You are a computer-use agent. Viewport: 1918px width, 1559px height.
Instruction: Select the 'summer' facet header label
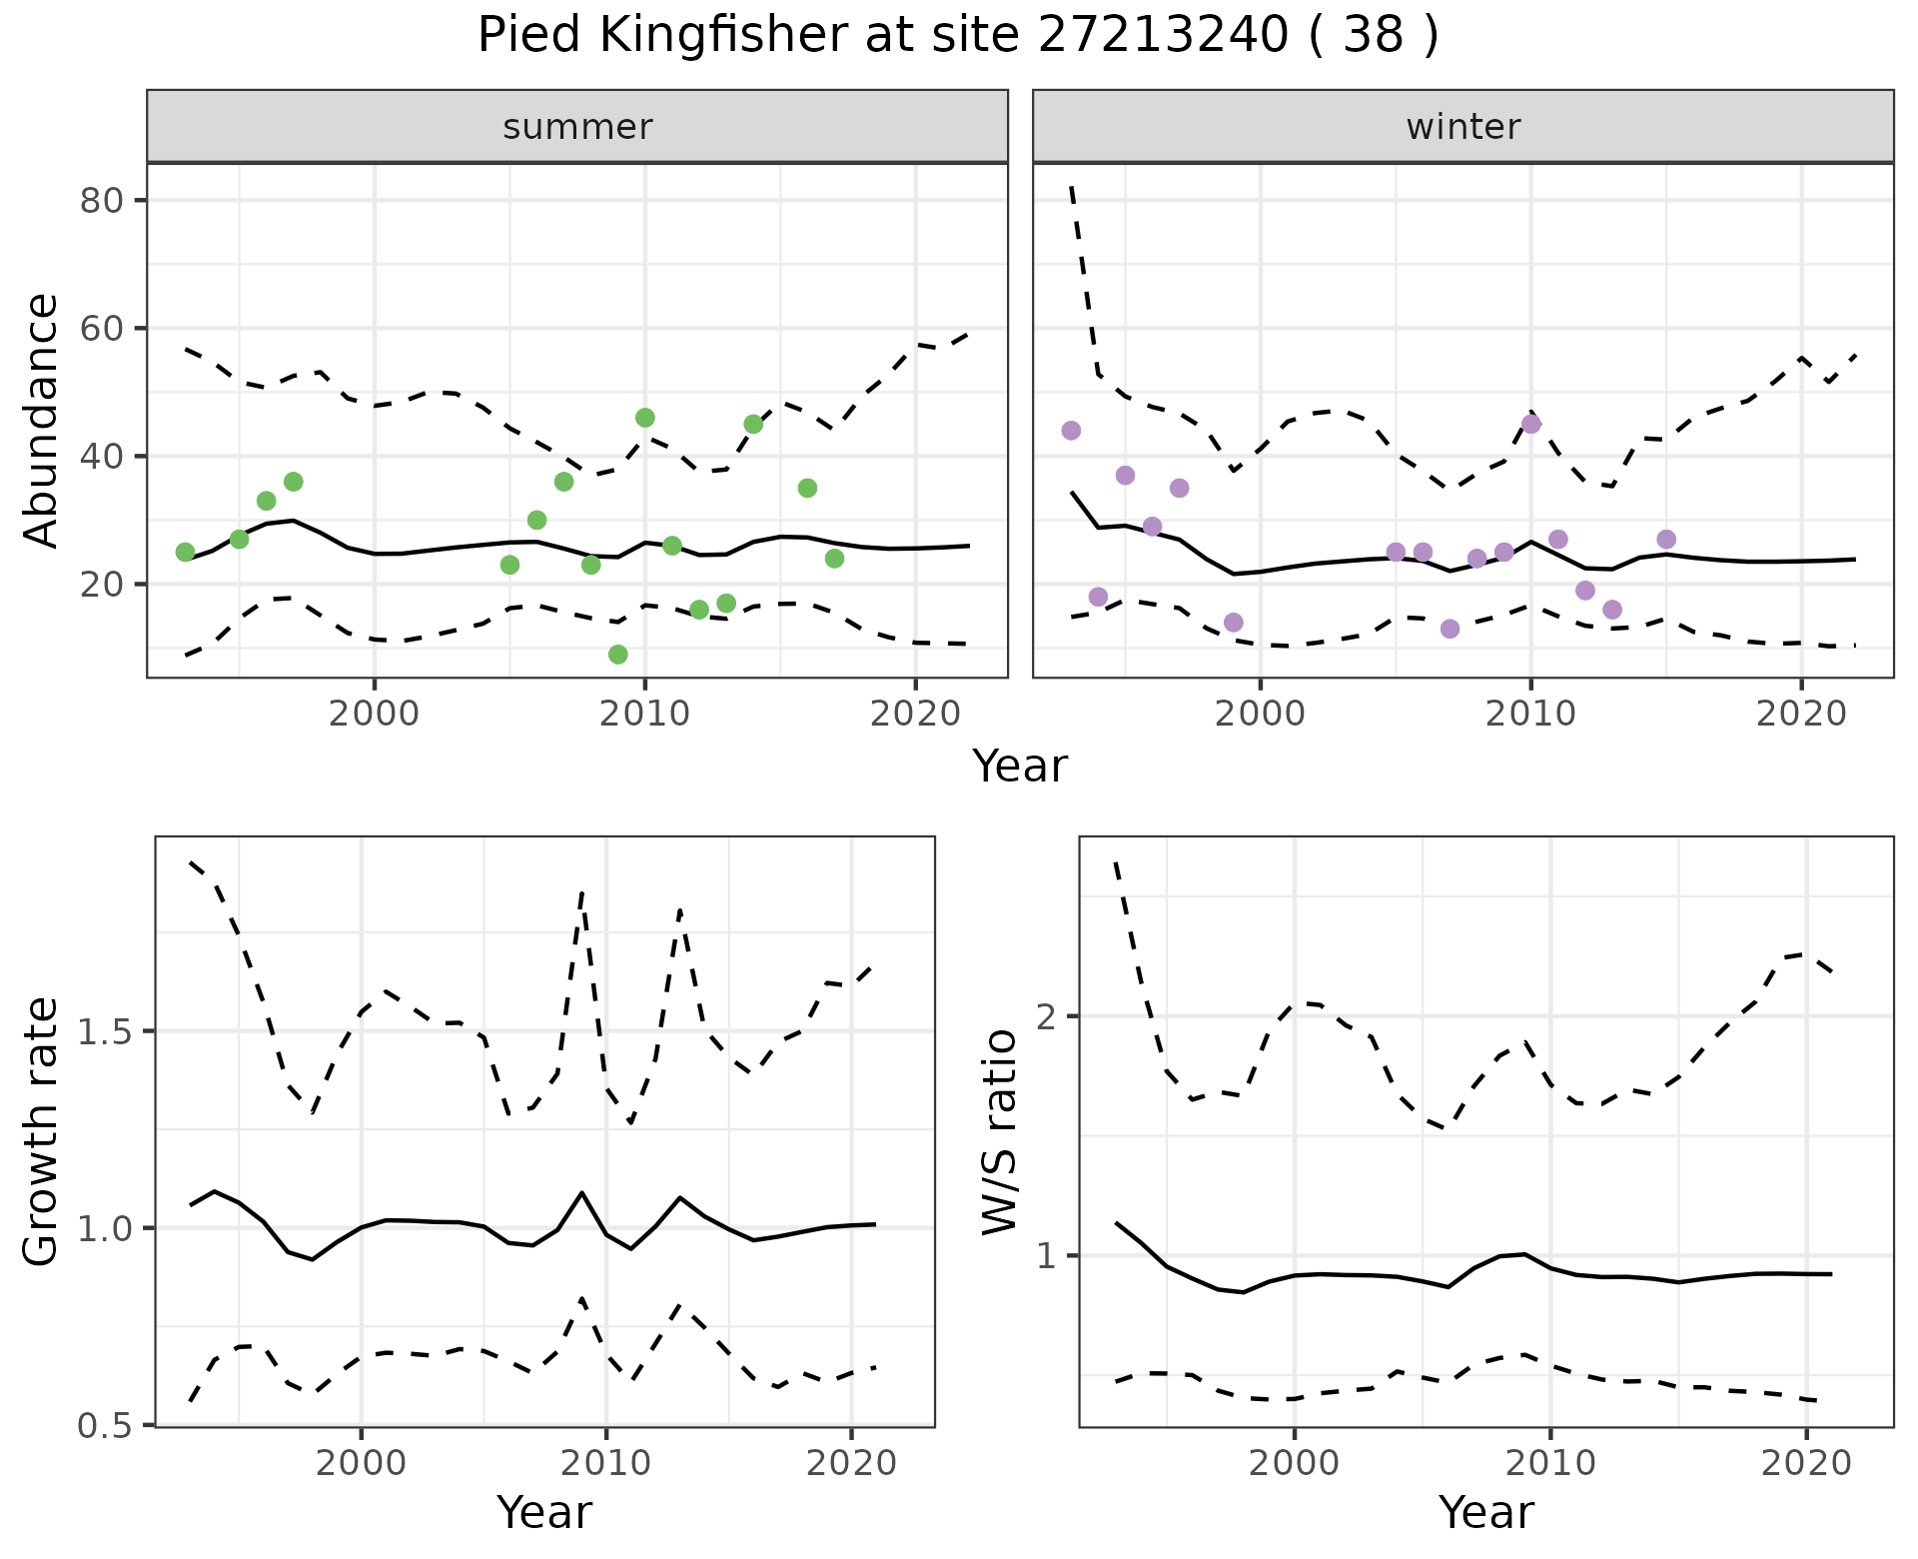pyautogui.click(x=577, y=127)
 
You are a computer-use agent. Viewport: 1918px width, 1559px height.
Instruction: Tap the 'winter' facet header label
pyautogui.click(x=1462, y=127)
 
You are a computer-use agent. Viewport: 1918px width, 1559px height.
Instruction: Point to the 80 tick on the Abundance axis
pyautogui.click(x=101, y=201)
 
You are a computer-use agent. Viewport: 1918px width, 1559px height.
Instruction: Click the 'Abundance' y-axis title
pyautogui.click(x=41, y=421)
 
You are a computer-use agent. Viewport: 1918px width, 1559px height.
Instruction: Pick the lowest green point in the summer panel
pyautogui.click(x=618, y=655)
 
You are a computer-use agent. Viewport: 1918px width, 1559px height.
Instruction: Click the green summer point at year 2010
pyautogui.click(x=645, y=418)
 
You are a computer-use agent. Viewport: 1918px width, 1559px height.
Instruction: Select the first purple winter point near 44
pyautogui.click(x=1071, y=431)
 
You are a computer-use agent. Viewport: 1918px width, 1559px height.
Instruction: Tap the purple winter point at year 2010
pyautogui.click(x=1530, y=425)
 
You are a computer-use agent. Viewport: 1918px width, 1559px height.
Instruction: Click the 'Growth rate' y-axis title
pyautogui.click(x=41, y=1132)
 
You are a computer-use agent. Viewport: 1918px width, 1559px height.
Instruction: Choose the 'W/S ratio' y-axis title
pyautogui.click(x=998, y=1132)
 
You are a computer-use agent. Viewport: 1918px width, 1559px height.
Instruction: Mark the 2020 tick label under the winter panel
pyautogui.click(x=1801, y=714)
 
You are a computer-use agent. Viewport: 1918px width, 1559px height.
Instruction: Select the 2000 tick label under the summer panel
pyautogui.click(x=375, y=714)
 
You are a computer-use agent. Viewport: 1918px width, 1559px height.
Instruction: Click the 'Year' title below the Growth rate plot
pyautogui.click(x=544, y=1513)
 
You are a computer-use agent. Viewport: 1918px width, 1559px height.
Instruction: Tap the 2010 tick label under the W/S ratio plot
pyautogui.click(x=1550, y=1464)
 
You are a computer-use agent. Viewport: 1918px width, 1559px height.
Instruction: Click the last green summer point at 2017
pyautogui.click(x=835, y=559)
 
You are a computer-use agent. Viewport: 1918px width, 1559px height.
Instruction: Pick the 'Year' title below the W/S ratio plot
pyautogui.click(x=1486, y=1513)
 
